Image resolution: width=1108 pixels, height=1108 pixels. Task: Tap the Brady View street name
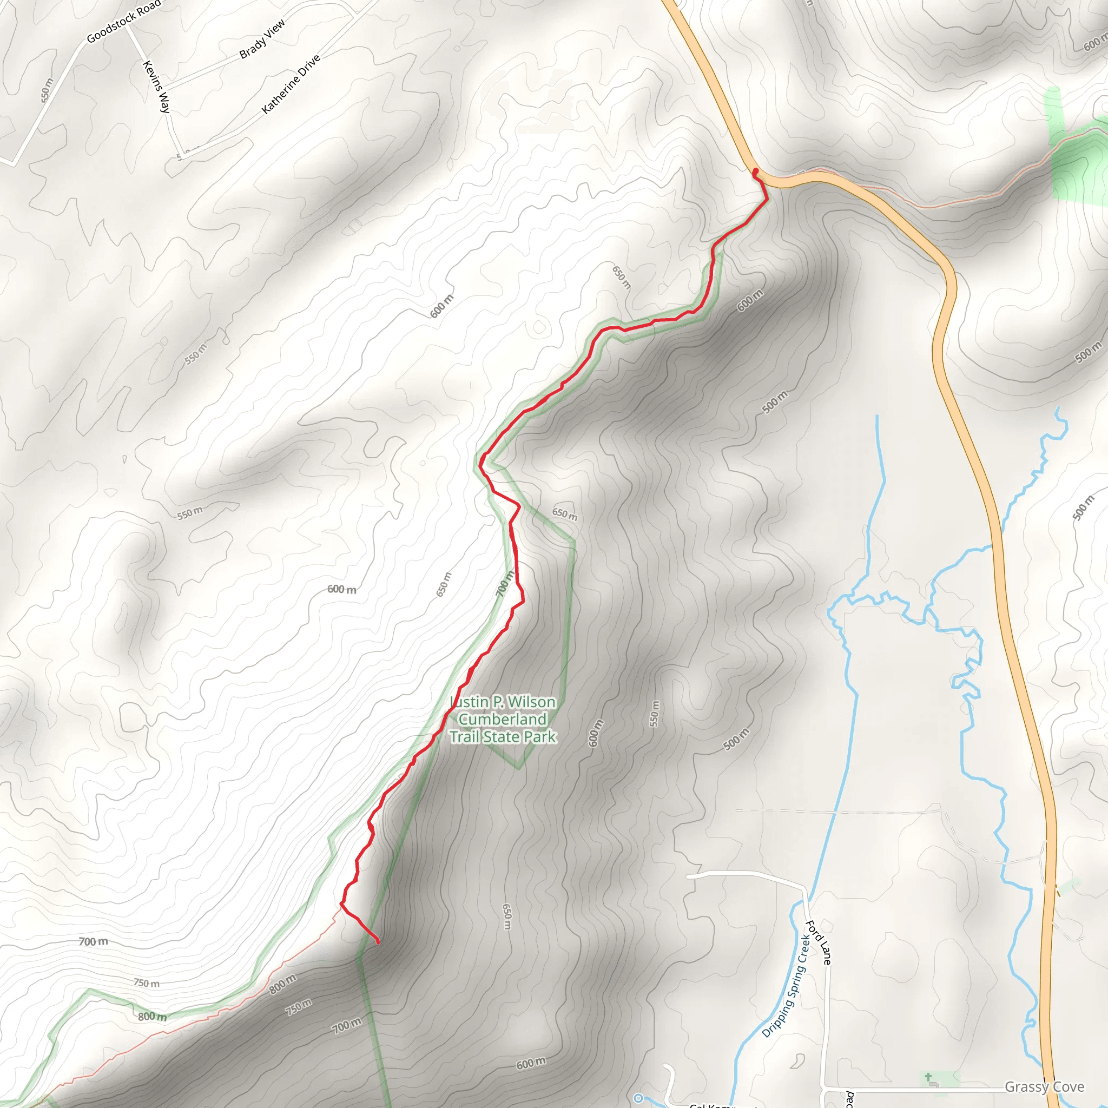[261, 39]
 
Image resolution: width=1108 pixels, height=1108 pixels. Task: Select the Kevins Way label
[156, 87]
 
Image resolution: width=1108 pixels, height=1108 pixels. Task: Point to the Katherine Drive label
[291, 84]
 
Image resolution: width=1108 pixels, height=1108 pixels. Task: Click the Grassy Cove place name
[1044, 1087]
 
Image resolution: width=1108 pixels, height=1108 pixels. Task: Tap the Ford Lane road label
[819, 942]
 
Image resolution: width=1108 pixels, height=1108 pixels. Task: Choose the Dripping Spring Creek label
[786, 985]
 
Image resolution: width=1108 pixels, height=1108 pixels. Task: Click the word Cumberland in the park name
[503, 719]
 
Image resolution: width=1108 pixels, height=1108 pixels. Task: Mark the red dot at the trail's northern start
[755, 171]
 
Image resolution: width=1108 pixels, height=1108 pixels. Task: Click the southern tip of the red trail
[378, 942]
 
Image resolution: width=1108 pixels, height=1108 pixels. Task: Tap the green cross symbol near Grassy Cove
[928, 1078]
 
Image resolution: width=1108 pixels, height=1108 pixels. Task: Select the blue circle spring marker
[638, 1098]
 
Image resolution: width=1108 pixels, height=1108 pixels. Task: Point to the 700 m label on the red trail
[505, 584]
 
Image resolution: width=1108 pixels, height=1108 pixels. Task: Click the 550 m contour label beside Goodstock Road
[47, 90]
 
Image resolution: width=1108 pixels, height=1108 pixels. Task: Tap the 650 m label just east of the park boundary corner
[565, 514]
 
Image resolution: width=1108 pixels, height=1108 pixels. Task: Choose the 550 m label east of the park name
[655, 714]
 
